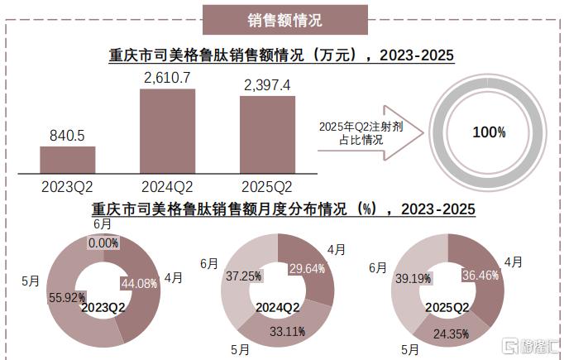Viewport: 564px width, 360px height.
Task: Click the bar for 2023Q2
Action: [x=68, y=160]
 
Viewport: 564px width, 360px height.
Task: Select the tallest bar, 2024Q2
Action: [x=168, y=132]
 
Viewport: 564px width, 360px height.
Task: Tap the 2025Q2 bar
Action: [x=268, y=135]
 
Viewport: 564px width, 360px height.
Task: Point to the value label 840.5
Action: [x=67, y=136]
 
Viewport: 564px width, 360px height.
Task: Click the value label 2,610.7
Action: [x=167, y=78]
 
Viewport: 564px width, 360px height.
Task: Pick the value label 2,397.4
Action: [x=267, y=85]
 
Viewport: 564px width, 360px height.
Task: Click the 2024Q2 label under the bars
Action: [x=167, y=187]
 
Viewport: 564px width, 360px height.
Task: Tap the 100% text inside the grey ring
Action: [x=490, y=132]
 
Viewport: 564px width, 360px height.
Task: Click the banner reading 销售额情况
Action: [x=284, y=20]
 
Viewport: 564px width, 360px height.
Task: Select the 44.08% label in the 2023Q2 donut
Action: [x=139, y=284]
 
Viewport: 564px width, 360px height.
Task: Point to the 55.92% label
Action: [x=67, y=298]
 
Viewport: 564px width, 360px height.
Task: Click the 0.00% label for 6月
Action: [x=103, y=243]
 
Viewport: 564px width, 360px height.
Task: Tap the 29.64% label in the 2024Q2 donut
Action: [x=307, y=269]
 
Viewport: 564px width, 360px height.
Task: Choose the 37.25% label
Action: [x=243, y=276]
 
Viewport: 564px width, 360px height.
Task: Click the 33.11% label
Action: [x=288, y=331]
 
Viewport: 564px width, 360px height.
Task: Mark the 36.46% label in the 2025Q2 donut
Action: [x=480, y=276]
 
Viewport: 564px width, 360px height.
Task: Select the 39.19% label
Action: [x=413, y=278]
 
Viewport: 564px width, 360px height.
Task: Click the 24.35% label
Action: [x=451, y=334]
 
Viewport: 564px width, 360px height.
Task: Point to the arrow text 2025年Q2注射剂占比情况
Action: [x=361, y=133]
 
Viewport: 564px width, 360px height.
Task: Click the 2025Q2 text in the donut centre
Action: [x=447, y=307]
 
